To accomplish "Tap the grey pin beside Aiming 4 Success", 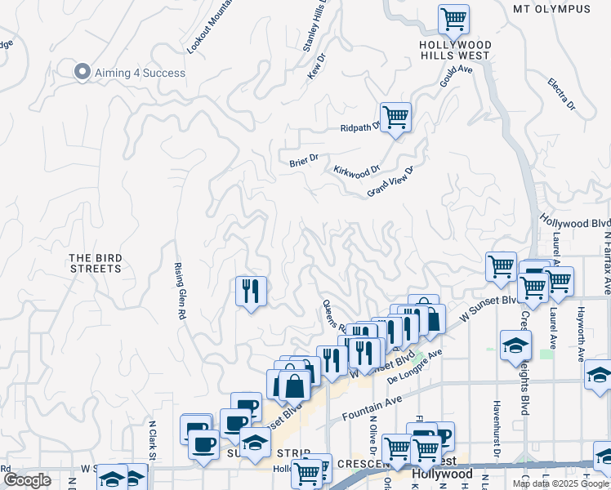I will click(82, 73).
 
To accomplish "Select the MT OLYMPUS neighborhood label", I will click(551, 9).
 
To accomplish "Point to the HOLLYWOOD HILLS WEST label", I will click(455, 50).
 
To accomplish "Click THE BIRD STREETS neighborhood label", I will click(96, 263).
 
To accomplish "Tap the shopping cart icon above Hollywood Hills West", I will click(453, 18).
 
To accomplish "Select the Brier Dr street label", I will click(304, 162).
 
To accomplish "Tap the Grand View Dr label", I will click(391, 181).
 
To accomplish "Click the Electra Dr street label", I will click(562, 94).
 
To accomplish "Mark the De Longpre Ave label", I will click(414, 367).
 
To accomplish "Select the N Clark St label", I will click(152, 440).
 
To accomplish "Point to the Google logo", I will click(27, 480).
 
